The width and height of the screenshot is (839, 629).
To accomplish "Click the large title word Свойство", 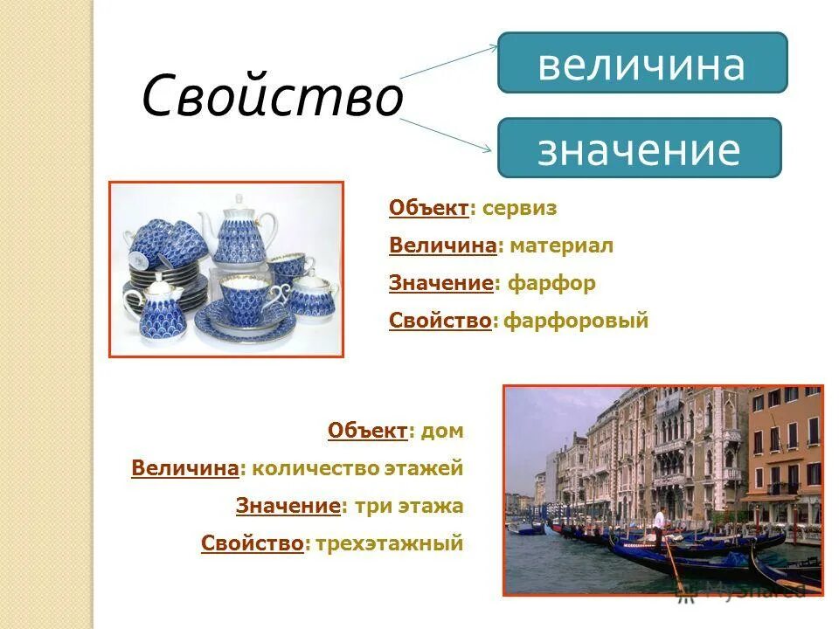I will (272, 97).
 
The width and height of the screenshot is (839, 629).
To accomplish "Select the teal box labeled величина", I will (641, 64).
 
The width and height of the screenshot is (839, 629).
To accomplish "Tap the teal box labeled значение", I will (638, 149).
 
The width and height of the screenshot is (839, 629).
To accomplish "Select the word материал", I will (561, 246).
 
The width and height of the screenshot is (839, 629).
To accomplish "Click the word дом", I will (441, 431).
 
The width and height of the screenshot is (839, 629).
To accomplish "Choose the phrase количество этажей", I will (357, 468).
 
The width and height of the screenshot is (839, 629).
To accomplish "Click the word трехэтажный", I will (388, 544).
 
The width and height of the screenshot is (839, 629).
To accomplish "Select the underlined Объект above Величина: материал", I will (428, 209).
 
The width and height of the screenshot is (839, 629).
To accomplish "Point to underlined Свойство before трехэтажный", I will (253, 544).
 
